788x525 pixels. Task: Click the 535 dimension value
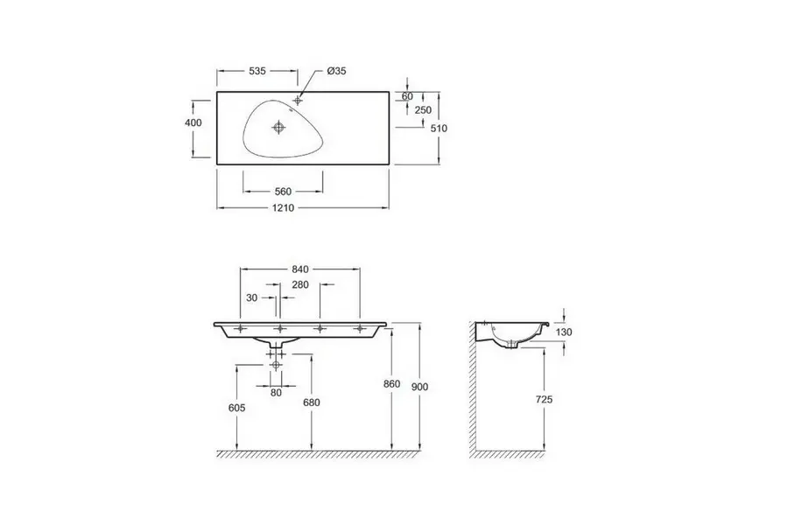257,71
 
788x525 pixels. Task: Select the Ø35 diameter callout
336,71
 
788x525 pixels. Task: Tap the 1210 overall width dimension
283,208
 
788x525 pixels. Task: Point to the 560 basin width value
283,192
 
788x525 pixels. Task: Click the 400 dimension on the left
193,122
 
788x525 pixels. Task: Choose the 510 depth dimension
439,128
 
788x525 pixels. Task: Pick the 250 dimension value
423,110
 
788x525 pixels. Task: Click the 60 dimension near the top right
407,96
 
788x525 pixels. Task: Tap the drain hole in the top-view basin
278,127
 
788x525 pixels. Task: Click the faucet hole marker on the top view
298,101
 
